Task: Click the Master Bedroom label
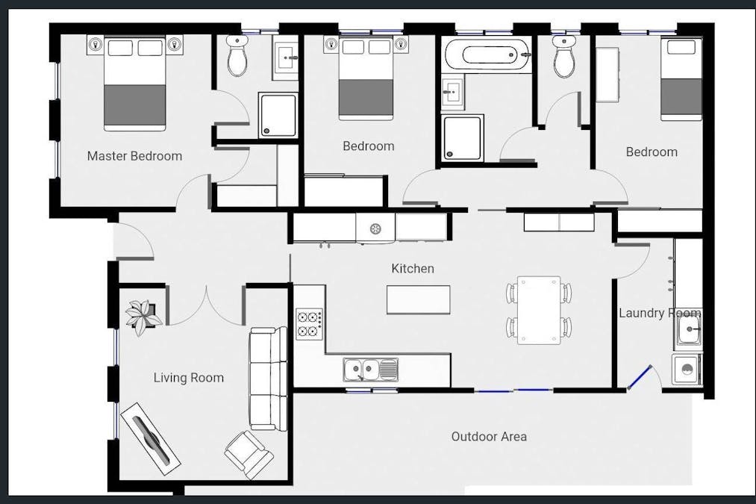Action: click(134, 156)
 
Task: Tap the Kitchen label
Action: click(413, 268)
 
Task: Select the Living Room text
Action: click(189, 378)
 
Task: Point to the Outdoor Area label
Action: click(489, 437)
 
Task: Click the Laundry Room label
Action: click(660, 313)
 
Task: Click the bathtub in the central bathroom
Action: click(487, 55)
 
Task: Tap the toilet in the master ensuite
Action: click(237, 55)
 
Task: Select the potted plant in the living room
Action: click(143, 317)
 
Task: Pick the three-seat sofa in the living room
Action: click(268, 379)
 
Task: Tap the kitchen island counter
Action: click(419, 299)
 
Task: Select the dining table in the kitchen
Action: click(539, 310)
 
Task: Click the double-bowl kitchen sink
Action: click(371, 370)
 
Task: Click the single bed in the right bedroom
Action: click(681, 80)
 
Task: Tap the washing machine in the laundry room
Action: click(687, 370)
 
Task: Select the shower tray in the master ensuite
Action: click(278, 115)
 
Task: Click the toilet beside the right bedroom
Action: click(564, 57)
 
